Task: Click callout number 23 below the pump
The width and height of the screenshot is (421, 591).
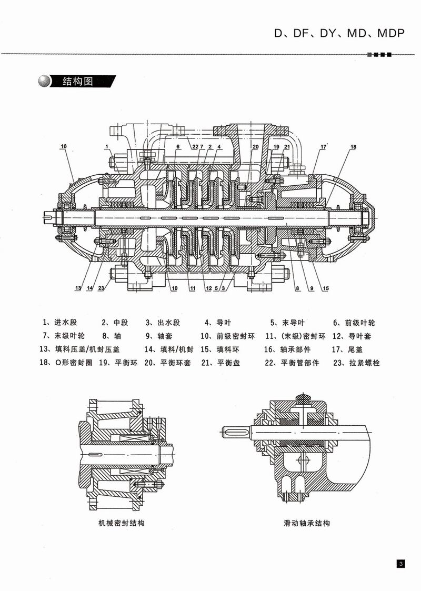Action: (101, 288)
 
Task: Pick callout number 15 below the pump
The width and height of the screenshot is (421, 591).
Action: (326, 288)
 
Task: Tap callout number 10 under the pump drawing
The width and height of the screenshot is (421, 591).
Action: (174, 288)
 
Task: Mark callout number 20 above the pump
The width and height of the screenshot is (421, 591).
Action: (255, 146)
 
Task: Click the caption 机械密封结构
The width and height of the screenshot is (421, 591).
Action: (122, 523)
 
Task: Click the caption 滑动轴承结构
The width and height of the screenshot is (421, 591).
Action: (306, 523)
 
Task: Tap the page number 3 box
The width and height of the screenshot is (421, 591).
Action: (400, 564)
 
